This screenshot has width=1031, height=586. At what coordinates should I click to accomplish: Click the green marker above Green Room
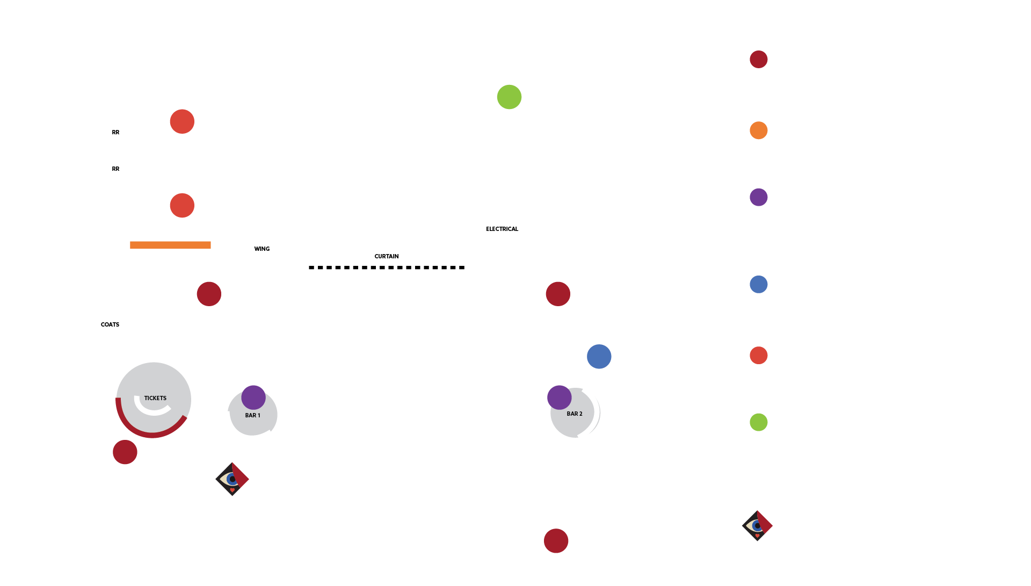[x=509, y=97]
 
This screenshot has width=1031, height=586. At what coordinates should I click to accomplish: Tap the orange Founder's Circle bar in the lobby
[x=170, y=245]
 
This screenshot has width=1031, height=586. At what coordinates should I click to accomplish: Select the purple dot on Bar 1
[x=253, y=397]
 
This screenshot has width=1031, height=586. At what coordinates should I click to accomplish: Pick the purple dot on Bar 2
[x=559, y=397]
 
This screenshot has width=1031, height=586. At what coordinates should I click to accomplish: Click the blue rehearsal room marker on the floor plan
[x=599, y=356]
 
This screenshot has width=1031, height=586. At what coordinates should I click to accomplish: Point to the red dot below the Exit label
[x=556, y=541]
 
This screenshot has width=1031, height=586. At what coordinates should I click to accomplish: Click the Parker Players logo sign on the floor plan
[x=232, y=479]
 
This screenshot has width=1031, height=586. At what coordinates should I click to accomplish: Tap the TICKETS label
[x=155, y=398]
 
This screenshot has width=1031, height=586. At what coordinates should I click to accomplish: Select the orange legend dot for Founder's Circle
[x=758, y=130]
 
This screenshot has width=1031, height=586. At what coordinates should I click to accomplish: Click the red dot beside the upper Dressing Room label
[x=182, y=121]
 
